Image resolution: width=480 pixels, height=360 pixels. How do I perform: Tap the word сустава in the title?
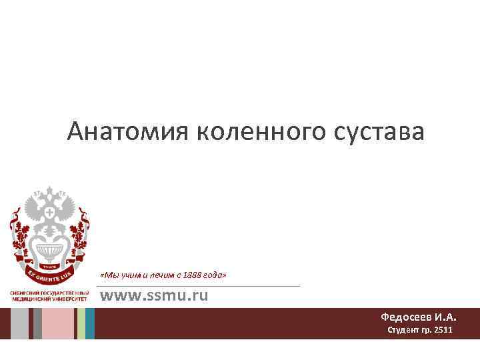pos(380,132)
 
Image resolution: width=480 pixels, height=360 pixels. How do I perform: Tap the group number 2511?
pos(441,330)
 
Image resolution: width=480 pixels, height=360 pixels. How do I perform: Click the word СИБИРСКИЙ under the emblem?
pos(25,294)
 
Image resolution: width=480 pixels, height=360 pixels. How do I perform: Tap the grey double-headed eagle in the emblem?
pos(49,209)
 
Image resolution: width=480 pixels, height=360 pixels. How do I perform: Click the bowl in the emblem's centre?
pos(49,251)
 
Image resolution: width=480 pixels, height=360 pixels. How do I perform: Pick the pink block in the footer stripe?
pos(59,323)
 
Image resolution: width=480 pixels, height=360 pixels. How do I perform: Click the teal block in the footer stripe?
pos(90,323)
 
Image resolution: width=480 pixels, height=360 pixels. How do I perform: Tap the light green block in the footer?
pos(81,323)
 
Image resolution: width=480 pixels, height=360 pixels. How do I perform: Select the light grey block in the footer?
pos(19,323)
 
